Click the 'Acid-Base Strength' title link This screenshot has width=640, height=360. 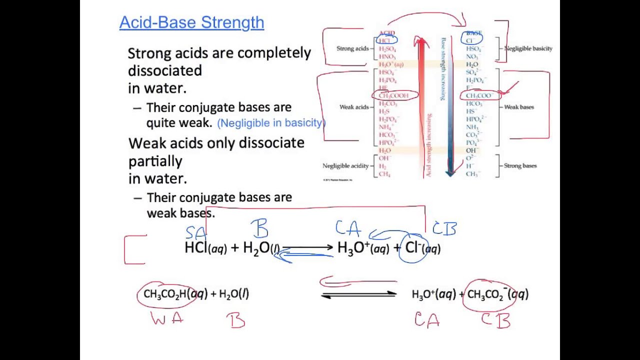pos(191,22)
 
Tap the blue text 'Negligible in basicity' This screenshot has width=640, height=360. pos(270,123)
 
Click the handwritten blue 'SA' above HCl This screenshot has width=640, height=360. pos(195,233)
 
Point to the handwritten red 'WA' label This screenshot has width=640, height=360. pos(167,318)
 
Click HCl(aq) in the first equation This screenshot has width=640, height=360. pos(205,248)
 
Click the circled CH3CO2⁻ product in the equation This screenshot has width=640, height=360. pos(492,294)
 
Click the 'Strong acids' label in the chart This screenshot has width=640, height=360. pos(352,48)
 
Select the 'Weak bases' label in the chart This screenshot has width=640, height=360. pos(519,107)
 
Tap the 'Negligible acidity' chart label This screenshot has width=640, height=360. pos(345,166)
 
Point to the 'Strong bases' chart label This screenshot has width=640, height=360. pos(520,166)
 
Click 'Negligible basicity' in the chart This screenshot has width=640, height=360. pos(528,48)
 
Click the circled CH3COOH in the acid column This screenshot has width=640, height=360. pos(393,95)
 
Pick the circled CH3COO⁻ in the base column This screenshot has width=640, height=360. pos(478,95)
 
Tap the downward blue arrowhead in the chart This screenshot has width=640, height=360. pos(450,171)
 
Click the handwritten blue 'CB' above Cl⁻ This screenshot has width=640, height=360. pos(444,229)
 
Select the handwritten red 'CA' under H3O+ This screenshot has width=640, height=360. pos(426,319)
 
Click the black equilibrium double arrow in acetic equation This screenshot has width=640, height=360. pos(358,295)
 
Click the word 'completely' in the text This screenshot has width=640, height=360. pos(274,53)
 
